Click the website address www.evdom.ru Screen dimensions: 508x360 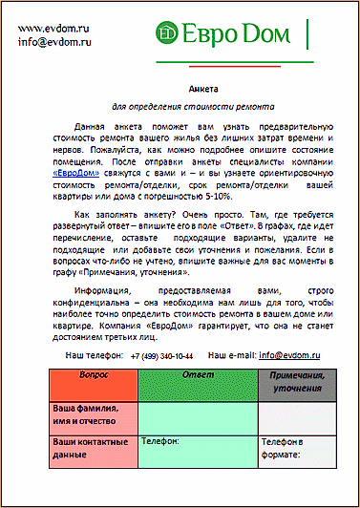[x=53, y=28]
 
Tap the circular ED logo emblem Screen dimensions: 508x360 [x=169, y=34]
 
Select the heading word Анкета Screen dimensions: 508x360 [x=180, y=87]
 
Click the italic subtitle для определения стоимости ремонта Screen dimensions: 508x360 [x=180, y=108]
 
